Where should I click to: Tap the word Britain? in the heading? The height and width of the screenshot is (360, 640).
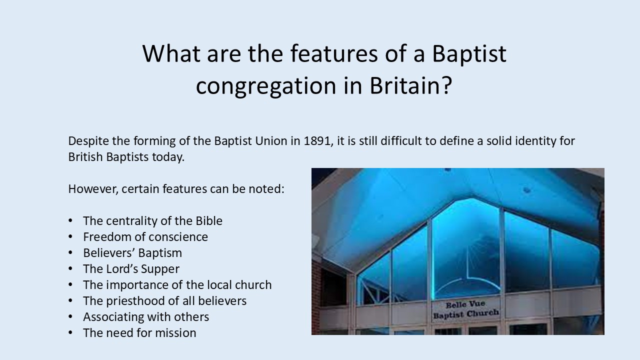tap(411, 85)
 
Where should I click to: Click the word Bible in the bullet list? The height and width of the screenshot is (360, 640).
tap(209, 221)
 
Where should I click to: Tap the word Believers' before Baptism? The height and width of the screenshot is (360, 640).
tap(109, 253)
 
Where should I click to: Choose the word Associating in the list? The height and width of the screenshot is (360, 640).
tap(113, 317)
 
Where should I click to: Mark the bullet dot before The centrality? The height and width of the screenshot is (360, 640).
tap(70, 221)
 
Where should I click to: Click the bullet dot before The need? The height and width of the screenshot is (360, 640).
tap(70, 333)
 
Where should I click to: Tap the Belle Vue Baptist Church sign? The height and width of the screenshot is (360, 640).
tap(466, 309)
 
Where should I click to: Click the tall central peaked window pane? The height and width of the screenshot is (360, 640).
tap(466, 248)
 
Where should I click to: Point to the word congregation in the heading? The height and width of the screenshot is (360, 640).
tap(265, 86)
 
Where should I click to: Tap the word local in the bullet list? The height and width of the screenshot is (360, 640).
tap(219, 285)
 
